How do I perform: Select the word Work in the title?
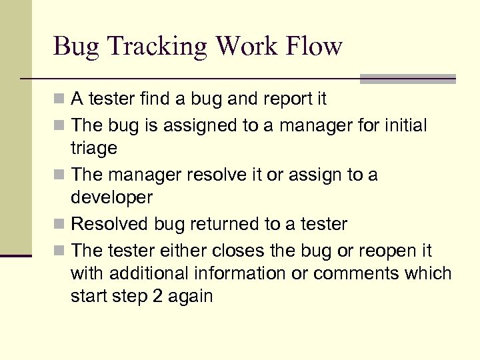click(247, 46)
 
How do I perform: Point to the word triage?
click(93, 148)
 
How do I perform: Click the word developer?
click(111, 198)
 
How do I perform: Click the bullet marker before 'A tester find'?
click(60, 100)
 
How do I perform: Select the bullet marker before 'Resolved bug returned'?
click(60, 224)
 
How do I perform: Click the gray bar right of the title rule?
click(407, 79)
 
